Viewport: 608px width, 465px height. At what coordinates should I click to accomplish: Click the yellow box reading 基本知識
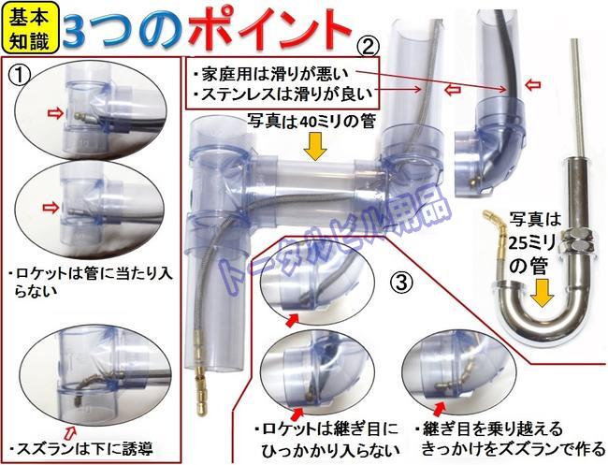point(29,28)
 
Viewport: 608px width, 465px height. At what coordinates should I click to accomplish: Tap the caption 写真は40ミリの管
point(313,121)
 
